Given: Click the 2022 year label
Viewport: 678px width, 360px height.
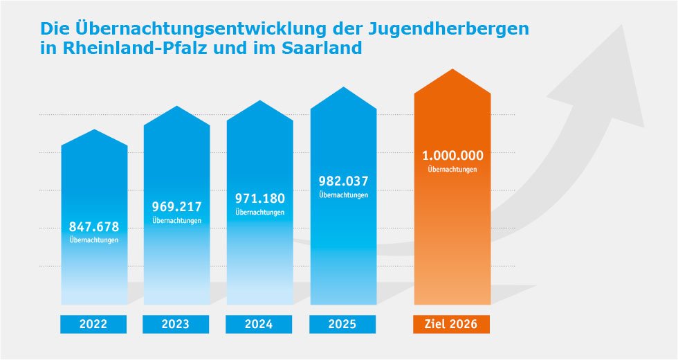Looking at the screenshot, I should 93,324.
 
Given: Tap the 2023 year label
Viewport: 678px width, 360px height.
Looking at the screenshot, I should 176,324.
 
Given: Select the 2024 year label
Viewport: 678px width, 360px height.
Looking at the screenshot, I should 259,324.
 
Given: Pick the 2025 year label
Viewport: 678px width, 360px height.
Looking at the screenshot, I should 342,324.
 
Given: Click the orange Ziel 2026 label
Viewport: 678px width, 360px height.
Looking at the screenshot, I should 452,324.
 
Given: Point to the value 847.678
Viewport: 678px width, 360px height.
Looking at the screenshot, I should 94,226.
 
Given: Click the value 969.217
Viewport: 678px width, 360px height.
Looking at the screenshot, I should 176,206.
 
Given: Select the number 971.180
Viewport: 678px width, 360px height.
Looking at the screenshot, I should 259,198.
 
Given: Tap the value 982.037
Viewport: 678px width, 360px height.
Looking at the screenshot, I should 343,181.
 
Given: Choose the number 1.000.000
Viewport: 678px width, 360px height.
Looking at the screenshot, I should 452,155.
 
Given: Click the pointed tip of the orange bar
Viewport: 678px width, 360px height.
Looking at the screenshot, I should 452,71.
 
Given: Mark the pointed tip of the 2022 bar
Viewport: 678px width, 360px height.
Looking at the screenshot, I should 94,130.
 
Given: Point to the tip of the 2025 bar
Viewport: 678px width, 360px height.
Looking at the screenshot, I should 343,88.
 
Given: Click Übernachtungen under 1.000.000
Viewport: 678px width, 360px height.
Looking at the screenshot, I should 452,169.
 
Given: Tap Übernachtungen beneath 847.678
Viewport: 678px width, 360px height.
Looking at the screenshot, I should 94,240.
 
